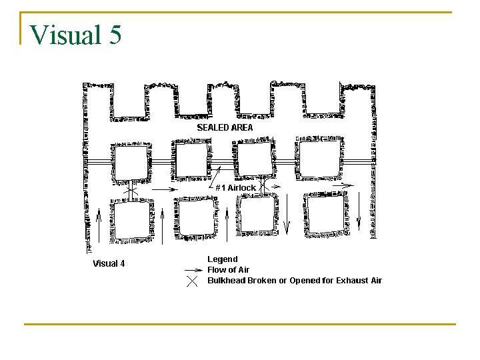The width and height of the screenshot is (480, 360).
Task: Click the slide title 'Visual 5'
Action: tap(76, 34)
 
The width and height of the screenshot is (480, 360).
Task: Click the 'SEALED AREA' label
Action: tap(225, 127)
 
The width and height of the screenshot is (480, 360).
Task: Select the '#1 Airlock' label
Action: tap(235, 188)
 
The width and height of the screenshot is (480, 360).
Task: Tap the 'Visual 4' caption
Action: tap(109, 263)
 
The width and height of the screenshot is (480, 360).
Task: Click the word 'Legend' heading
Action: tap(222, 259)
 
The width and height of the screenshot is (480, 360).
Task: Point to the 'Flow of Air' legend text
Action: tap(228, 270)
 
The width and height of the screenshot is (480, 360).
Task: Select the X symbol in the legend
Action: tap(192, 281)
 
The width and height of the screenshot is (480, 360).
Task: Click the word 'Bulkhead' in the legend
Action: tap(226, 281)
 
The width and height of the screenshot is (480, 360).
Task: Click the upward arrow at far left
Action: tap(99, 223)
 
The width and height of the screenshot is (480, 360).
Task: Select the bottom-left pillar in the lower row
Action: tap(131, 221)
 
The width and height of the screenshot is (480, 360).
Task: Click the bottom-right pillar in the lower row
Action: tap(326, 213)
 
